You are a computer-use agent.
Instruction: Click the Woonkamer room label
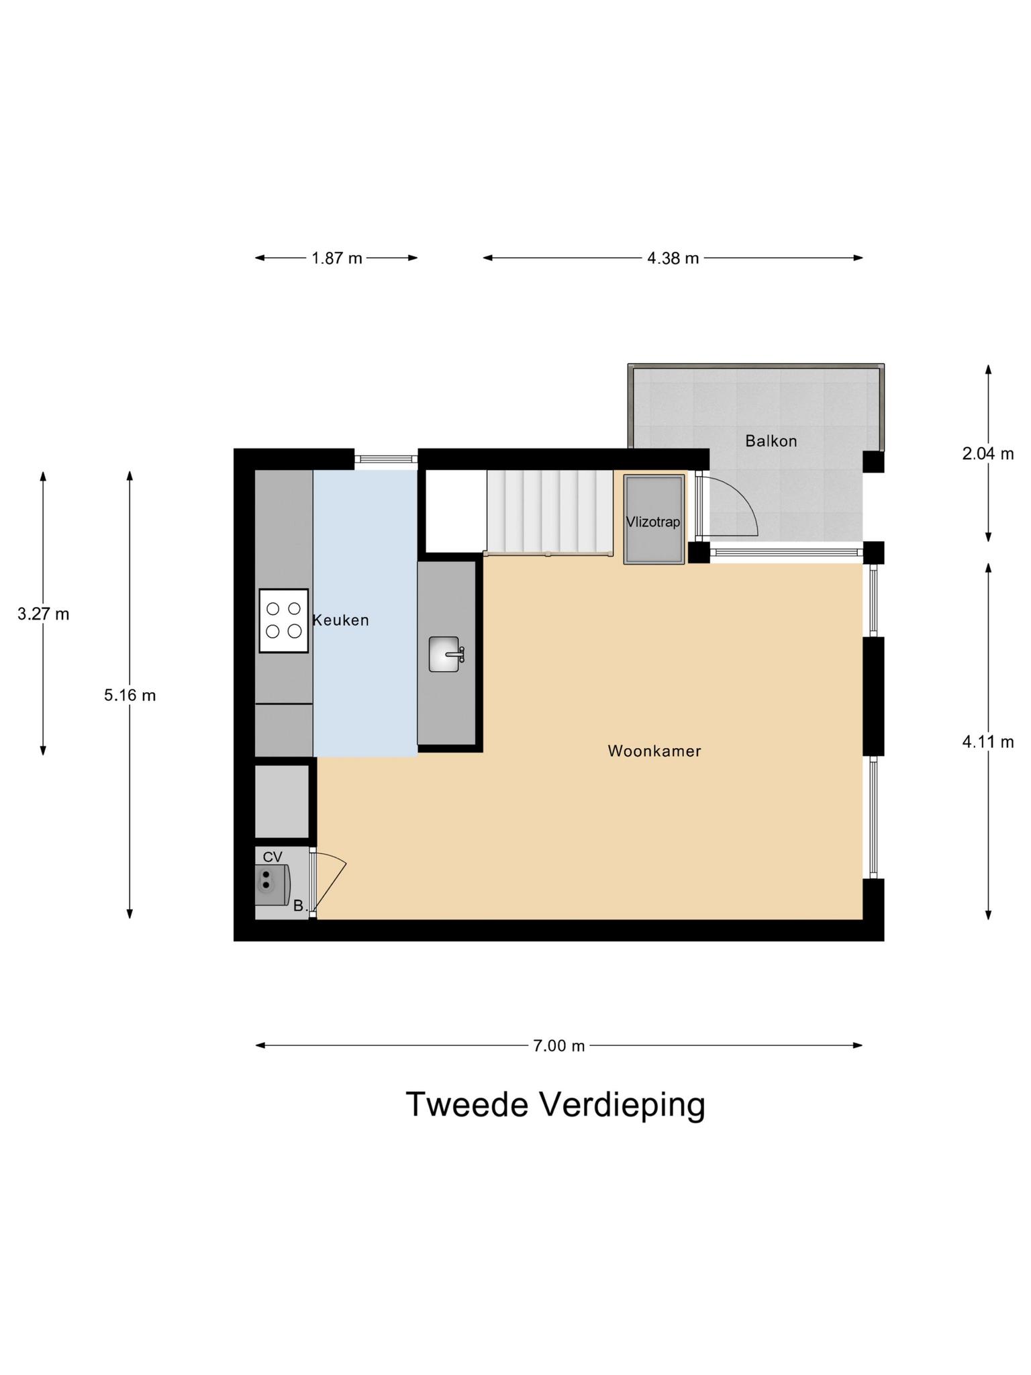654,751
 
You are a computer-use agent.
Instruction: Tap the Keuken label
341,620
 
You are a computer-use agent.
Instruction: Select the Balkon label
771,441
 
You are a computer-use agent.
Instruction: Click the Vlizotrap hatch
654,520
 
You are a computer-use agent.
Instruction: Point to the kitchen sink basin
444,654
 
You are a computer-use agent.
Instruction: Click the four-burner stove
283,620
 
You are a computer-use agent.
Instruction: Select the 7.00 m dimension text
559,1045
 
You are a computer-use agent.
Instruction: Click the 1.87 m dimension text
336,258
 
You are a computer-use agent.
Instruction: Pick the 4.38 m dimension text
673,258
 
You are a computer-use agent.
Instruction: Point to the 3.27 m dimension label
44,614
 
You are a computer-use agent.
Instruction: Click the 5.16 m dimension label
130,695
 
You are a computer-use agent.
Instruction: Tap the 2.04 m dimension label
987,454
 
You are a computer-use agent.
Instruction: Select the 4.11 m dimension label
987,741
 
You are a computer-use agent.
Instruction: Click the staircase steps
549,510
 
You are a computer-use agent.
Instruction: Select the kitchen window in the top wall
386,459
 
